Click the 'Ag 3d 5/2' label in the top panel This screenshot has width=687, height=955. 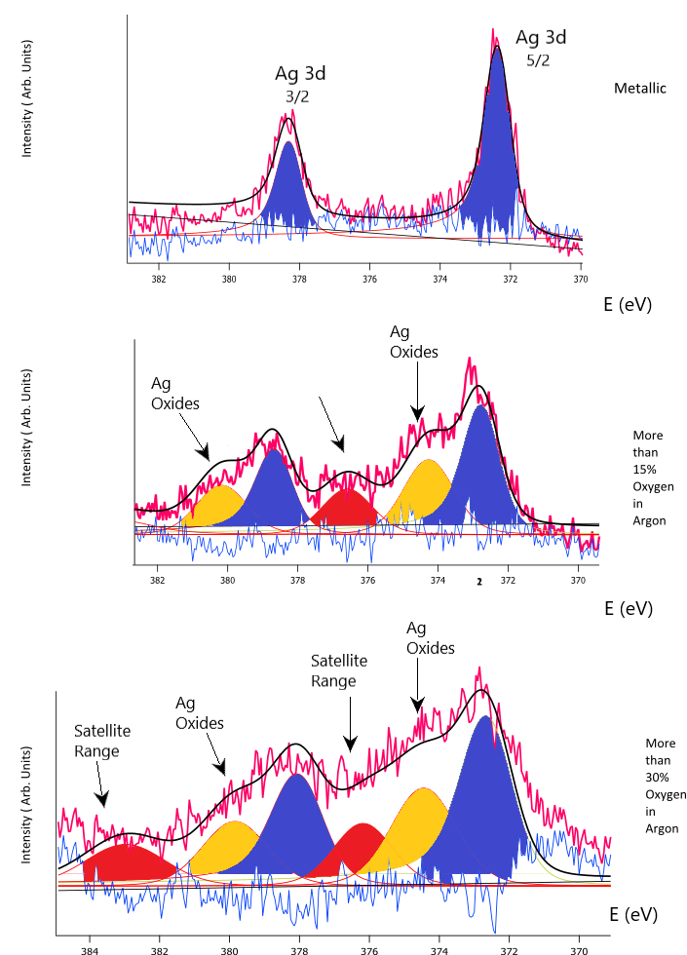[x=540, y=47]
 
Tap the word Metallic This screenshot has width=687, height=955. [x=639, y=89]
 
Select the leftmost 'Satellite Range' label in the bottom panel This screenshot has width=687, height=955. [x=101, y=741]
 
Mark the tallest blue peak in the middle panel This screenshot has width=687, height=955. [x=479, y=468]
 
